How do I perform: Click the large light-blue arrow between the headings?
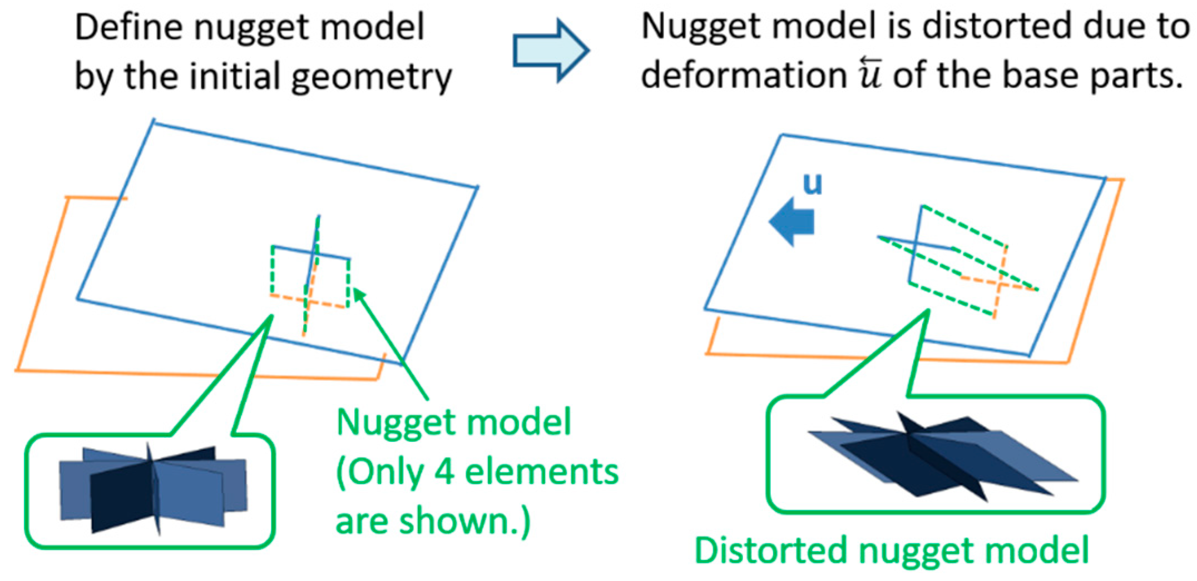[550, 51]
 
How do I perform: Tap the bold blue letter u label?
[812, 184]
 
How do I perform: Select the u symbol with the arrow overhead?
[870, 75]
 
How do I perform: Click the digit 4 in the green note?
[443, 471]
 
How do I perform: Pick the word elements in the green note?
[541, 471]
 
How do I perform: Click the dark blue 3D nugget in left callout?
[152, 489]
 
